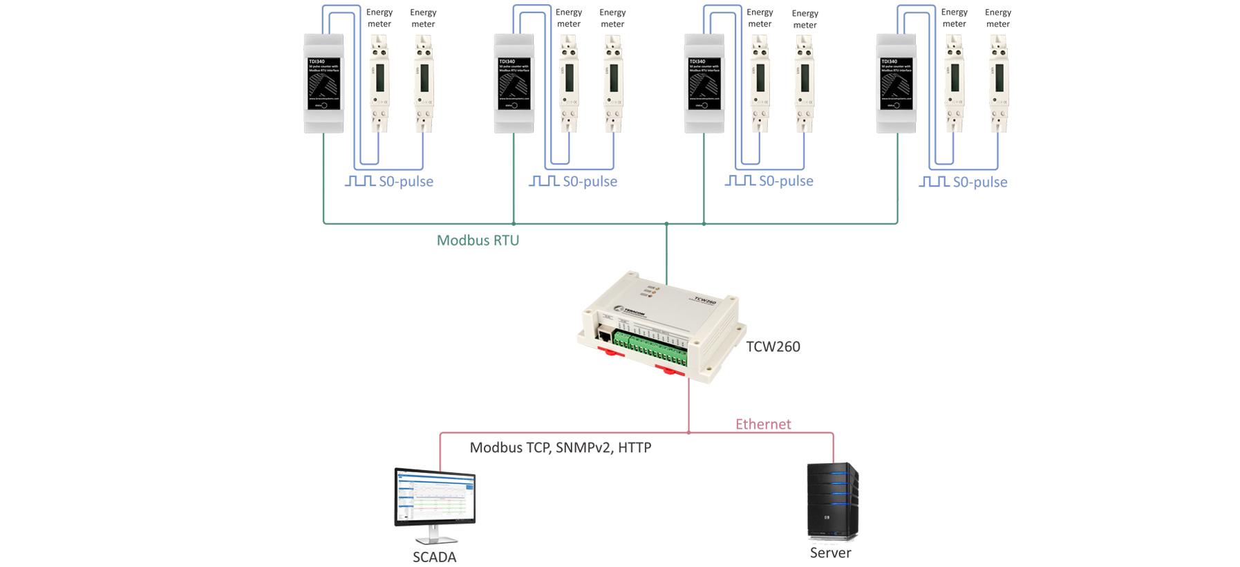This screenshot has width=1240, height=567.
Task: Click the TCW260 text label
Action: tap(773, 346)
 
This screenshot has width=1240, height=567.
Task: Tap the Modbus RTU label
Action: tap(478, 241)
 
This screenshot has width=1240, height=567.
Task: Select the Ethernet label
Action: tap(763, 424)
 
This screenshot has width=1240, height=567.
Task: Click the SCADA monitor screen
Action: tap(435, 496)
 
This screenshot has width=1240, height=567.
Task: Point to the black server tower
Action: tap(832, 501)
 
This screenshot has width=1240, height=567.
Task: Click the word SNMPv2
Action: tap(584, 447)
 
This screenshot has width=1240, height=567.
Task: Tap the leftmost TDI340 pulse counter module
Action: tap(323, 83)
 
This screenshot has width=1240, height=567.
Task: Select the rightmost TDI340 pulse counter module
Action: tap(896, 83)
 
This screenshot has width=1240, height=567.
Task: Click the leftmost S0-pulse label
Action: tap(406, 181)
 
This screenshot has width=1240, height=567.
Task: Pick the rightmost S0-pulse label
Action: tap(979, 182)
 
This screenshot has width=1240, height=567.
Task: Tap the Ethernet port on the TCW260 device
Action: tap(604, 337)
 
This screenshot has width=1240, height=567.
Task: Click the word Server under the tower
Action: tap(830, 552)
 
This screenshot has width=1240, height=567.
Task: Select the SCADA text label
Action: tap(434, 557)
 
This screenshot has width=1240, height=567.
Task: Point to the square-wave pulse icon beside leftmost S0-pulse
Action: tap(360, 181)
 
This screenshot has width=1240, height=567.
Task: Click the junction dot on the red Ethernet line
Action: tap(688, 433)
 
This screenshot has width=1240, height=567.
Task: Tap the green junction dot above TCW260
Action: tap(666, 224)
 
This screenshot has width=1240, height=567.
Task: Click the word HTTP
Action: tap(635, 447)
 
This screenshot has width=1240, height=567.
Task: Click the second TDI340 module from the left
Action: tap(514, 83)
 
